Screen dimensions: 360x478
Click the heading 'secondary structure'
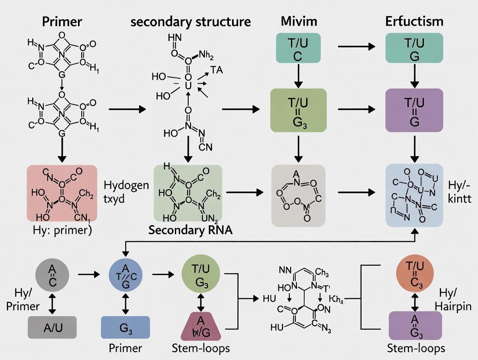point(191,22)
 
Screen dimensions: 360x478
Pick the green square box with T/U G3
point(298,110)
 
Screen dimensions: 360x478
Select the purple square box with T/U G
point(414,110)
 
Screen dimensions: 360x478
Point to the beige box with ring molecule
point(298,196)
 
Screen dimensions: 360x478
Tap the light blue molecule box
point(414,196)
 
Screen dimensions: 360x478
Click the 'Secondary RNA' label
point(190,230)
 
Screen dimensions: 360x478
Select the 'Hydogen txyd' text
point(126,192)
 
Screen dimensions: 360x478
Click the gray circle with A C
point(52,274)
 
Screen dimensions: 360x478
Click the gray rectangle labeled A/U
point(52,327)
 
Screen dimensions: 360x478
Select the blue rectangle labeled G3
point(126,327)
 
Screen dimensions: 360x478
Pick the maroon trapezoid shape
point(200,326)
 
